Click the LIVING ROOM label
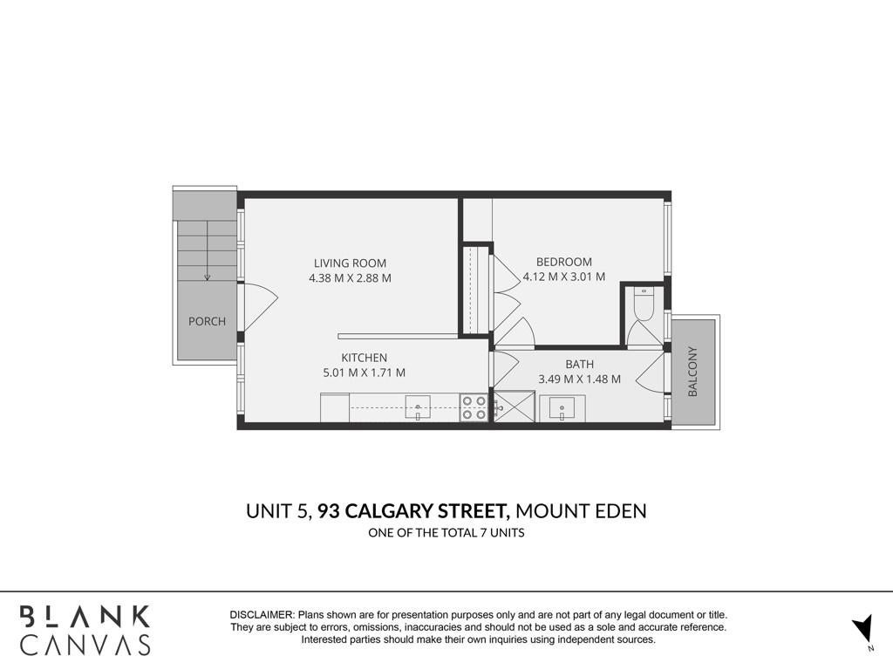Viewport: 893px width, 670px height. click(350, 263)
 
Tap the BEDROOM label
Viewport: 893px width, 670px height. click(564, 262)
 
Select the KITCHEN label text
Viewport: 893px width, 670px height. click(364, 358)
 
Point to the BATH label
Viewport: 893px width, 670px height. click(579, 364)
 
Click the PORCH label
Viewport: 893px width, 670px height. click(207, 321)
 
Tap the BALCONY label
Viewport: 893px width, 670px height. click(692, 371)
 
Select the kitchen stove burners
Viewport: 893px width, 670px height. click(474, 408)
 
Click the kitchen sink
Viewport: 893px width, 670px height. click(418, 408)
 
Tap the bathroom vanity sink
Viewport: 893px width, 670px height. click(562, 408)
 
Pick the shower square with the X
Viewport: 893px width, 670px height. click(515, 407)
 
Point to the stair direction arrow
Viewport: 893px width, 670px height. click(208, 250)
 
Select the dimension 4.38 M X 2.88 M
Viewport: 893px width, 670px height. click(350, 278)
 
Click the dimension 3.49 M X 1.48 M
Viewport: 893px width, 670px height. click(579, 379)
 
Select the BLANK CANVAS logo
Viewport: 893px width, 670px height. click(85, 630)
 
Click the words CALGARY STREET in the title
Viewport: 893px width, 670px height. click(427, 511)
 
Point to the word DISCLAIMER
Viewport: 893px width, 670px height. click(262, 615)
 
